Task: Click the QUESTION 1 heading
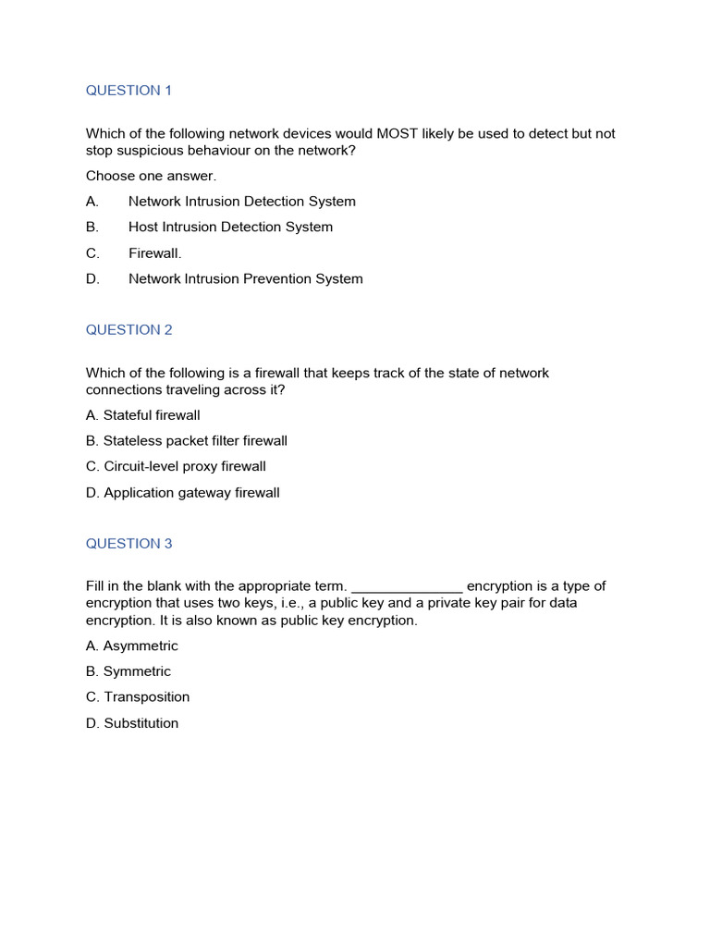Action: click(x=129, y=91)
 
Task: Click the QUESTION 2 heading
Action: click(x=129, y=330)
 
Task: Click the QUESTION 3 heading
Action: click(x=129, y=544)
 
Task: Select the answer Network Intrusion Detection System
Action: click(x=241, y=202)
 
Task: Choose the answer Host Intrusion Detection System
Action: click(x=230, y=228)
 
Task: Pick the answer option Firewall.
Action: click(x=154, y=253)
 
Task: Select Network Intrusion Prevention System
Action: click(x=245, y=279)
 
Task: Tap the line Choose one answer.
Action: click(x=151, y=176)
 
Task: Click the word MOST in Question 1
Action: click(x=397, y=134)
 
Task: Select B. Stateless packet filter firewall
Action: click(x=187, y=441)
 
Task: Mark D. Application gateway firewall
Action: click(x=183, y=493)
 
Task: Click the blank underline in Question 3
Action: click(x=407, y=587)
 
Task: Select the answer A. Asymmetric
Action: click(x=132, y=646)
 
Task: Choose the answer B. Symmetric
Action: click(x=129, y=672)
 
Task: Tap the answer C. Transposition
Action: click(x=138, y=697)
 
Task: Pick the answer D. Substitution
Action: click(x=132, y=723)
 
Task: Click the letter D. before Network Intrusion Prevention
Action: click(x=92, y=279)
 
